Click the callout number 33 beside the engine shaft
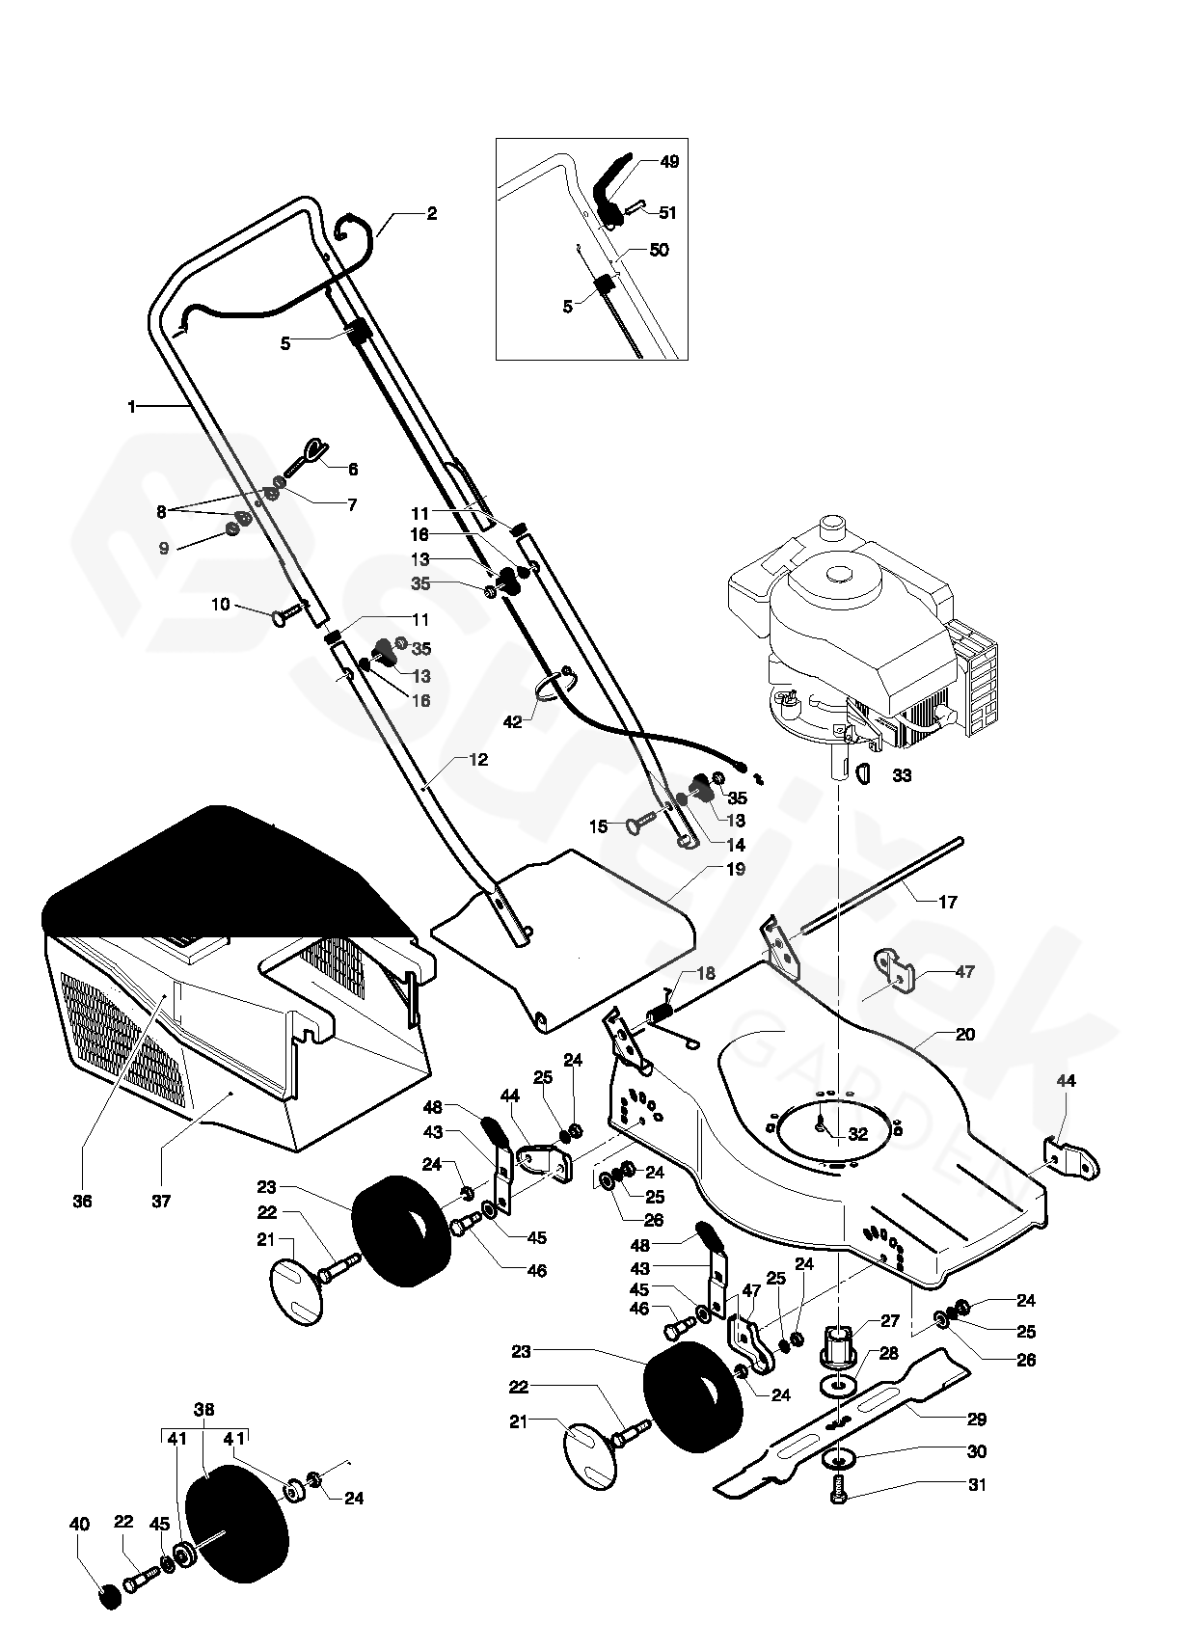click(902, 775)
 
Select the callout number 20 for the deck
click(964, 1034)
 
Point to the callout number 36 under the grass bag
click(83, 1202)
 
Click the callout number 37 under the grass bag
click(161, 1202)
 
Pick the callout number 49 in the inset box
click(669, 161)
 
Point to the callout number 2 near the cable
click(431, 214)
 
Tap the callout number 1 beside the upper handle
click(132, 407)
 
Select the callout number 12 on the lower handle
click(478, 760)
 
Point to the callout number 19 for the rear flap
click(736, 869)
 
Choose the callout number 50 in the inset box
click(659, 250)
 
